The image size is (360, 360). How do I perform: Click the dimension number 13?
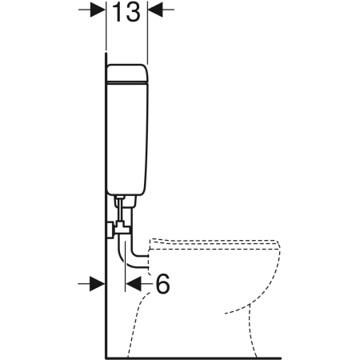tap(126, 12)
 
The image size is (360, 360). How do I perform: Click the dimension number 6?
tap(162, 283)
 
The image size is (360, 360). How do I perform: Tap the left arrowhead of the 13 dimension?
tap(98, 10)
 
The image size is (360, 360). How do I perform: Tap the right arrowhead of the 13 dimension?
tap(155, 10)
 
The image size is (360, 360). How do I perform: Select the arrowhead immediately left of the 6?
tap(134, 283)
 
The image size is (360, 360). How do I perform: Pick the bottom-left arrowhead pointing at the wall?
tap(98, 283)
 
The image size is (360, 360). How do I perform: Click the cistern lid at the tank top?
tap(127, 73)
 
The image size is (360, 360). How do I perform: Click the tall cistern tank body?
tap(127, 138)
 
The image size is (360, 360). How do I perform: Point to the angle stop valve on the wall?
tap(118, 229)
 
